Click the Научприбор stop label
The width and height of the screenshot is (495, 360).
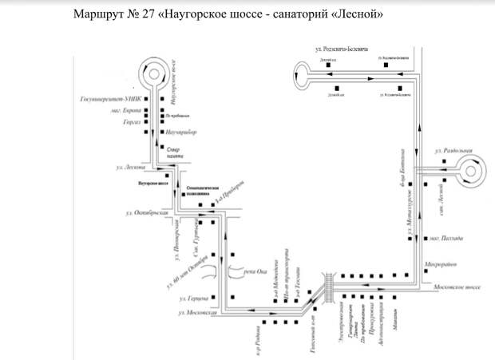[x=182, y=131]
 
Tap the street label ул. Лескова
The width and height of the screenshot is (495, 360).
[x=129, y=168]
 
